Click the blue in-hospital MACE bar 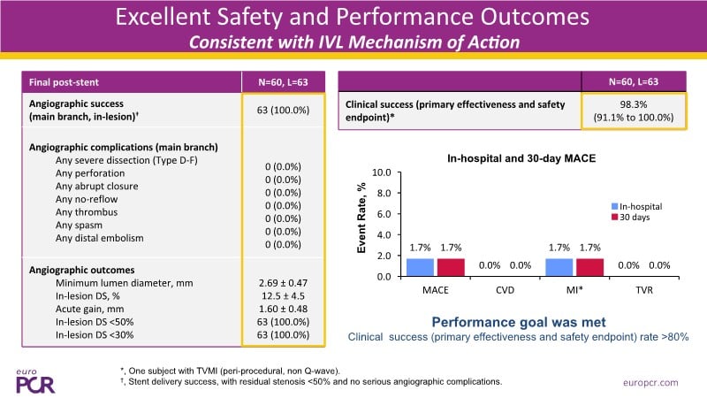pyautogui.click(x=420, y=267)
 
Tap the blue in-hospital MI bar pyautogui.click(x=559, y=267)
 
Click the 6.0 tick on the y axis pyautogui.click(x=382, y=214)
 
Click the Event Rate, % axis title pyautogui.click(x=362, y=225)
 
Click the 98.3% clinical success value pyautogui.click(x=633, y=104)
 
